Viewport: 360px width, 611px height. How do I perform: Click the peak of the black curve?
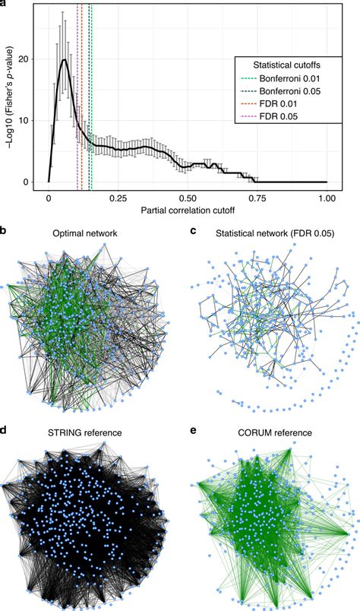pos(65,60)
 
